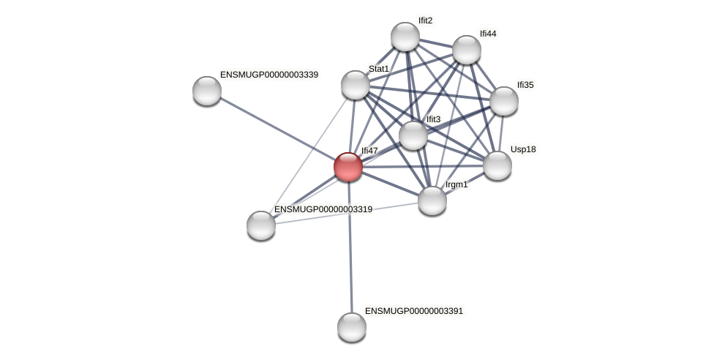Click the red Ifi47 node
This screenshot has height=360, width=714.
(x=348, y=167)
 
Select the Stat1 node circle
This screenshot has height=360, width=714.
(x=356, y=85)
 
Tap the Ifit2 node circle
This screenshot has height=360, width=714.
(x=405, y=37)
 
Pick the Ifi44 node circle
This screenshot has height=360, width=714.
(x=467, y=50)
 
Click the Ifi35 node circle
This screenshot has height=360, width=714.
(x=504, y=101)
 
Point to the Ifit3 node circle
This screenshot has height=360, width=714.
(x=413, y=135)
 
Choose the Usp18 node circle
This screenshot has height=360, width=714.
(x=497, y=165)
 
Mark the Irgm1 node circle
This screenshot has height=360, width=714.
(x=432, y=200)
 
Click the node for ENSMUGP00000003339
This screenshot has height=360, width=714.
(x=207, y=91)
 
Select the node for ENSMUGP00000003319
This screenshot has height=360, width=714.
(x=261, y=225)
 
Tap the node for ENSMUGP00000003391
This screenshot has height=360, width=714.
(x=352, y=327)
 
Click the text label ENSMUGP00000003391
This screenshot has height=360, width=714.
(x=414, y=311)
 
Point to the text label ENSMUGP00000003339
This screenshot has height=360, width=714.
(x=269, y=75)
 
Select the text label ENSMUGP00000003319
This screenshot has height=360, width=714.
(x=323, y=209)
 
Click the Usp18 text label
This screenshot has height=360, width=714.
(x=523, y=149)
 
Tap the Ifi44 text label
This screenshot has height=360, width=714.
(x=488, y=34)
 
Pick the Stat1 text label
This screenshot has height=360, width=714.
(x=379, y=69)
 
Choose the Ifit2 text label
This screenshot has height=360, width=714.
(x=425, y=20)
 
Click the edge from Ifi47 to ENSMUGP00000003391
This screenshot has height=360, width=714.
(x=350, y=249)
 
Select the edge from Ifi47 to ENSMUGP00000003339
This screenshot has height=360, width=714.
(x=278, y=129)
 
